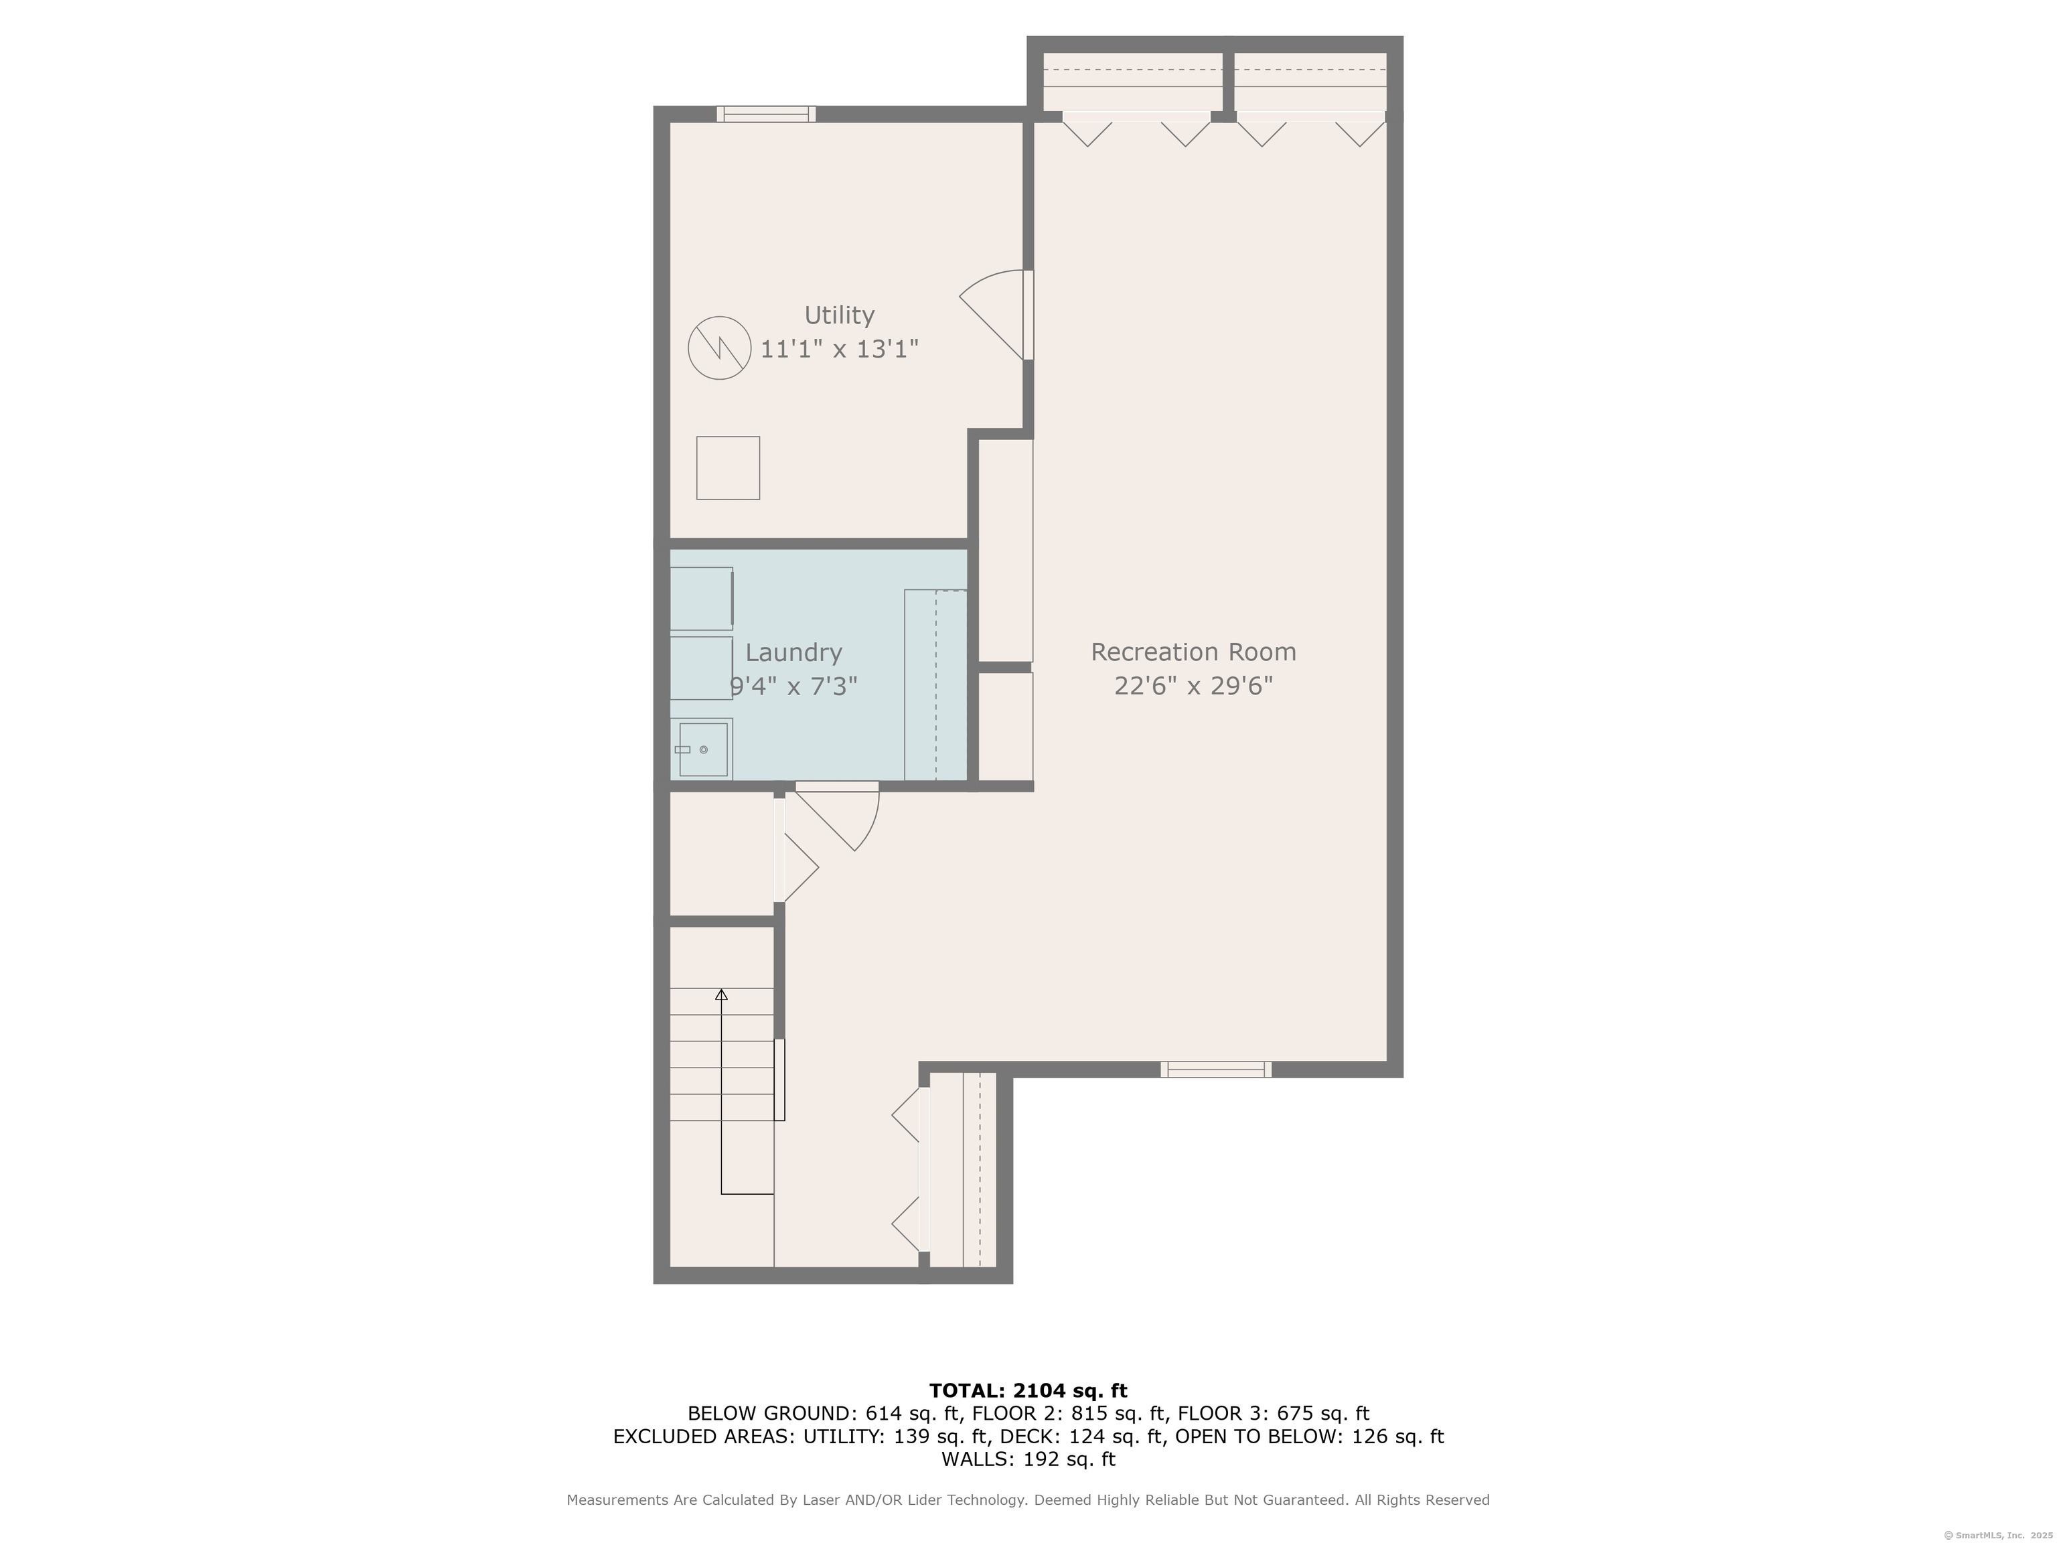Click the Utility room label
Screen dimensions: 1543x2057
pyautogui.click(x=839, y=315)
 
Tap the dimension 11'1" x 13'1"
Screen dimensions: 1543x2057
pyautogui.click(x=839, y=350)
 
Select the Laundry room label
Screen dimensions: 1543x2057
pyautogui.click(x=793, y=653)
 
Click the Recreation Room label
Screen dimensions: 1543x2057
pyautogui.click(x=1193, y=652)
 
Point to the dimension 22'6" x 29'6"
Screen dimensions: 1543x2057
pyautogui.click(x=1193, y=686)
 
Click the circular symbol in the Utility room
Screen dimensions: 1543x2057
pyautogui.click(x=719, y=348)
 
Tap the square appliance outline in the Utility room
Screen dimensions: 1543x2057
pyautogui.click(x=728, y=468)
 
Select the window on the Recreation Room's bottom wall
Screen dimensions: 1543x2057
pyautogui.click(x=1215, y=1070)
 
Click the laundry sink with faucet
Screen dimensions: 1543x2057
pyautogui.click(x=702, y=749)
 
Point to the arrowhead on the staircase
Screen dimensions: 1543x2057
pyautogui.click(x=720, y=995)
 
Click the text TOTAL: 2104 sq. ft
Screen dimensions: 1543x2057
pyautogui.click(x=1028, y=1390)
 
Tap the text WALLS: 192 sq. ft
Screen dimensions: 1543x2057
pyautogui.click(x=1028, y=1459)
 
